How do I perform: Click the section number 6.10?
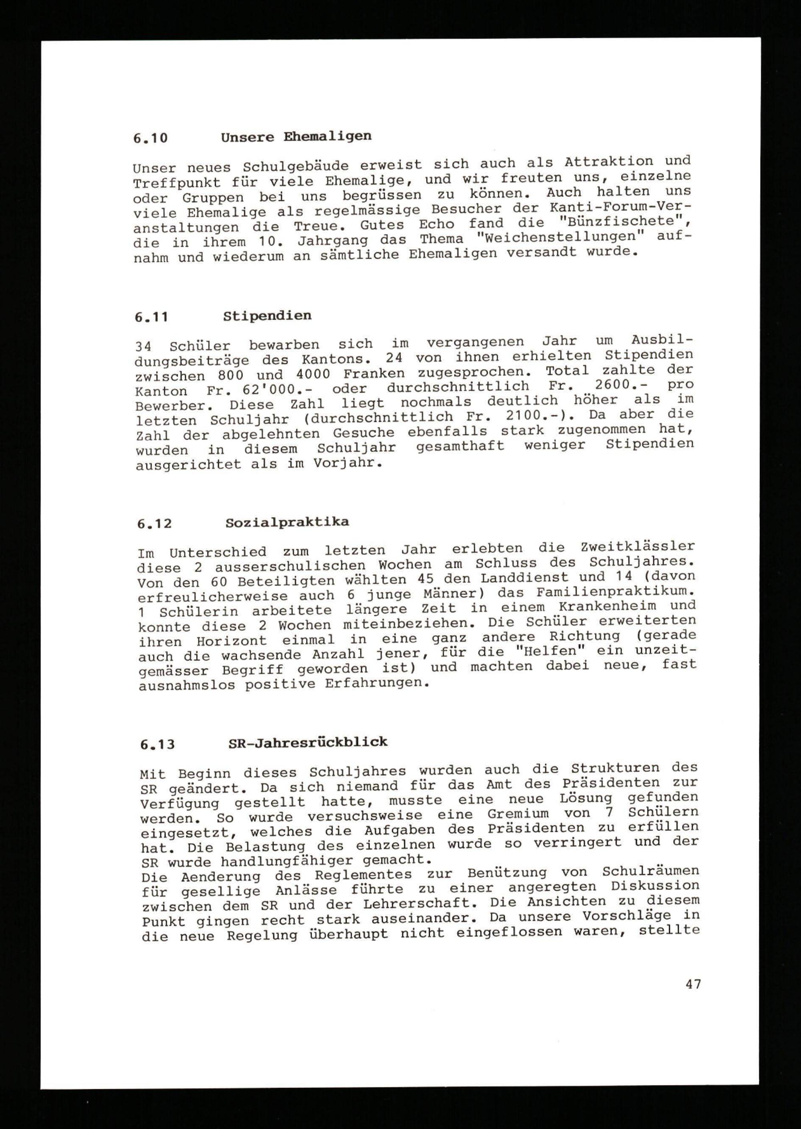[151, 138]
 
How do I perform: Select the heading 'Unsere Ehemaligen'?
[296, 136]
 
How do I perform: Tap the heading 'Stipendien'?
[267, 316]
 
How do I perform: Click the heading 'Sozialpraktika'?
[287, 522]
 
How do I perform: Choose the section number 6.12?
[154, 524]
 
